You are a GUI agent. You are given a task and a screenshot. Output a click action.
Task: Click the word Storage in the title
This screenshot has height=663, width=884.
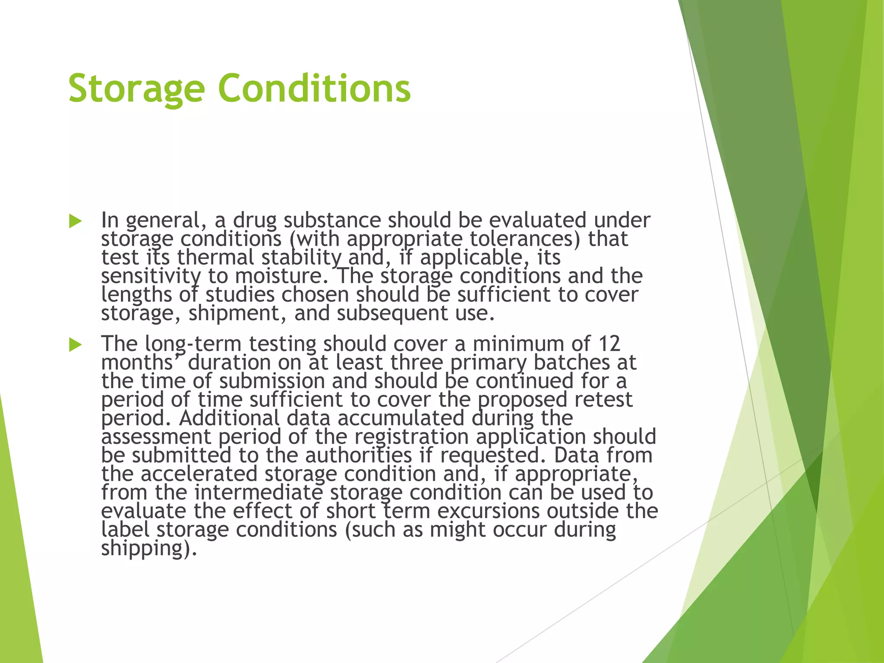pos(136,89)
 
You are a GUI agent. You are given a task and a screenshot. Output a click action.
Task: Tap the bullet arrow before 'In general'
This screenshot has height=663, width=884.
pos(75,221)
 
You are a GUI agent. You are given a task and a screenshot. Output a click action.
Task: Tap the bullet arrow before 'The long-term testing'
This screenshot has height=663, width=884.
pos(75,345)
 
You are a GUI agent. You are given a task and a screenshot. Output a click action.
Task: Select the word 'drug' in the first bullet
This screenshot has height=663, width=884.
pos(255,221)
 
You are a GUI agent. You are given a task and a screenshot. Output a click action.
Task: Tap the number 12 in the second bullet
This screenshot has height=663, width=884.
pos(609,344)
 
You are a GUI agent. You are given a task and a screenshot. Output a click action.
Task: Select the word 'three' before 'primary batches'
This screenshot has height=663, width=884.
pos(417,363)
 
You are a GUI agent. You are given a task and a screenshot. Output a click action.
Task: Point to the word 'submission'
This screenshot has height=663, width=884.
pos(272,381)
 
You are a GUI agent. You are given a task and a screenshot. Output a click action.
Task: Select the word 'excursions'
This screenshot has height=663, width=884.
pos(489,511)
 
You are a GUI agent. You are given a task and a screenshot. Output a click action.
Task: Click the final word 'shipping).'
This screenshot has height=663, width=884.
pos(149,548)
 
